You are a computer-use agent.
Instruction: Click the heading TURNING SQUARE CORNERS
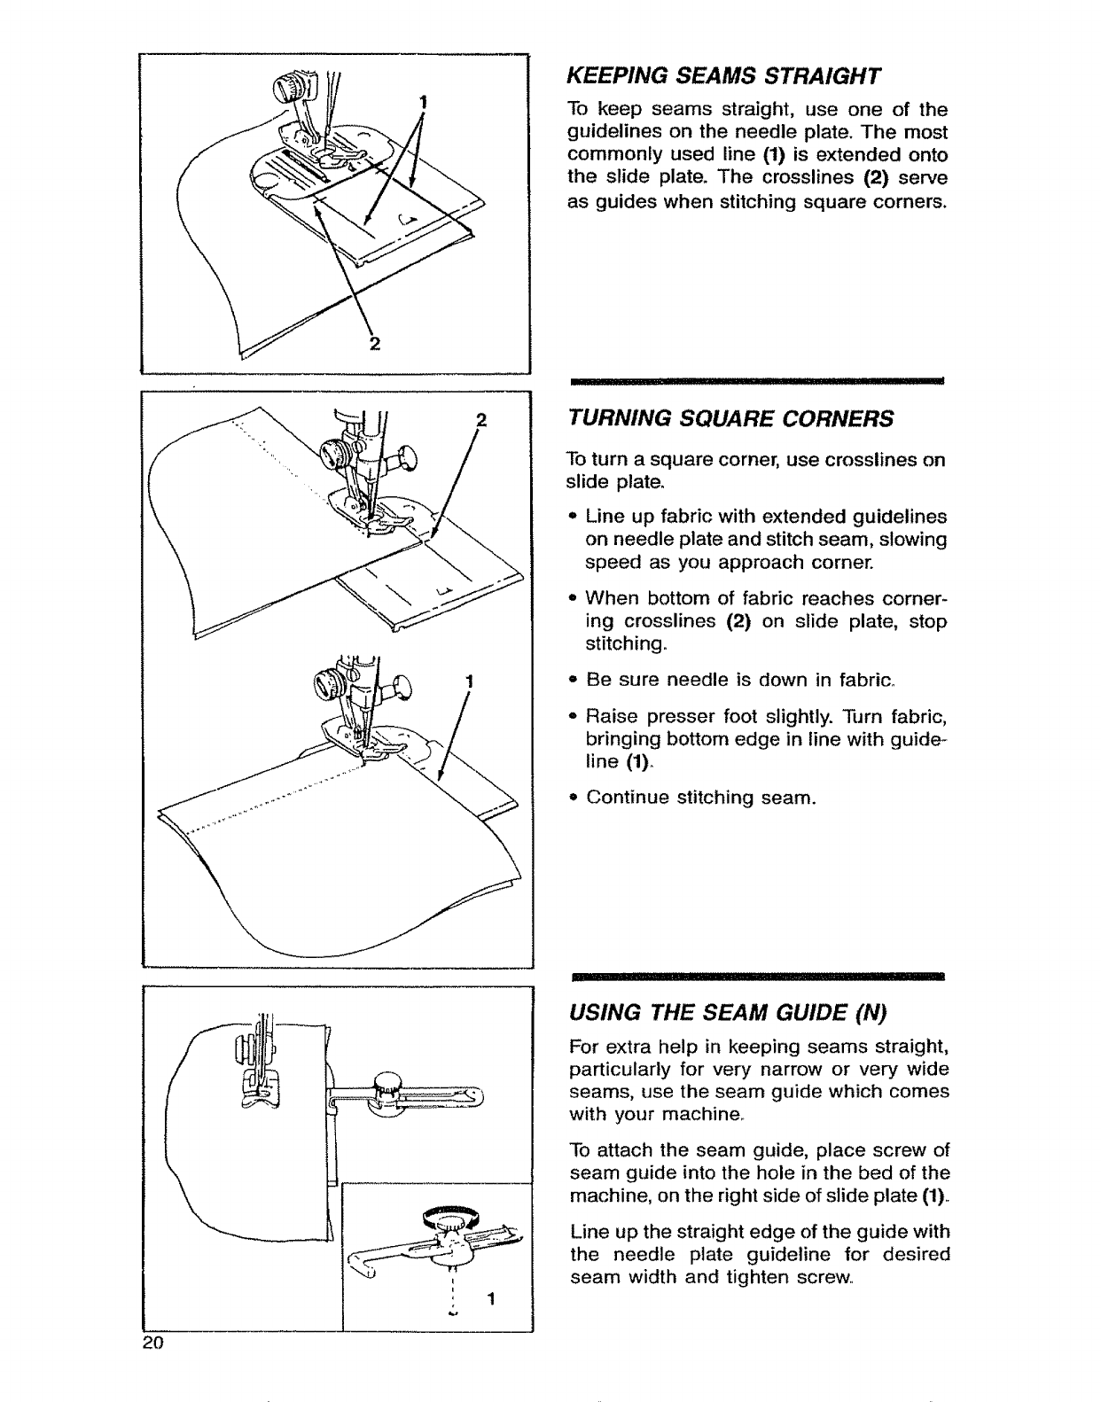730,418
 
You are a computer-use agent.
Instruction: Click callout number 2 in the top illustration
374,345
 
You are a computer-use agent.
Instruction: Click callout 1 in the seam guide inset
489,1300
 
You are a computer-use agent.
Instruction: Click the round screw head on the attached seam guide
387,1081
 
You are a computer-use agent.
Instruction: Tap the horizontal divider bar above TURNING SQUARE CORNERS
757,379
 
